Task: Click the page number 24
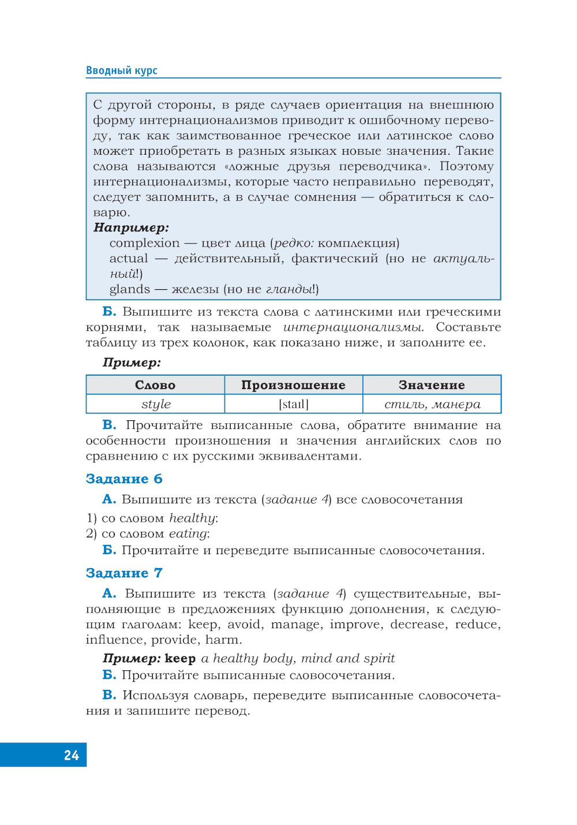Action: pyautogui.click(x=72, y=755)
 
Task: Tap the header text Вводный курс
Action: pyautogui.click(x=122, y=70)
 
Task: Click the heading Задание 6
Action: pyautogui.click(x=124, y=479)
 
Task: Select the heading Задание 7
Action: pyautogui.click(x=124, y=573)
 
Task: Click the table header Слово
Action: pyautogui.click(x=155, y=385)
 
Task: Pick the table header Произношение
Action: pyautogui.click(x=293, y=385)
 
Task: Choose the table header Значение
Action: pyautogui.click(x=432, y=385)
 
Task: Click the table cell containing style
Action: pyautogui.click(x=156, y=404)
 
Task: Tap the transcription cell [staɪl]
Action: pyautogui.click(x=294, y=404)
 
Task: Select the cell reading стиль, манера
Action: pyautogui.click(x=432, y=404)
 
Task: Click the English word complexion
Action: pyautogui.click(x=144, y=243)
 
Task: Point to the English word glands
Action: pyautogui.click(x=130, y=289)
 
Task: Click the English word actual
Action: pyautogui.click(x=129, y=259)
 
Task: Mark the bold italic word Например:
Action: pyautogui.click(x=131, y=227)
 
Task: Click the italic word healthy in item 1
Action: pyautogui.click(x=192, y=518)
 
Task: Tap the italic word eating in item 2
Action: pyautogui.click(x=188, y=533)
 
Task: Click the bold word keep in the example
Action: pyautogui.click(x=180, y=658)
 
